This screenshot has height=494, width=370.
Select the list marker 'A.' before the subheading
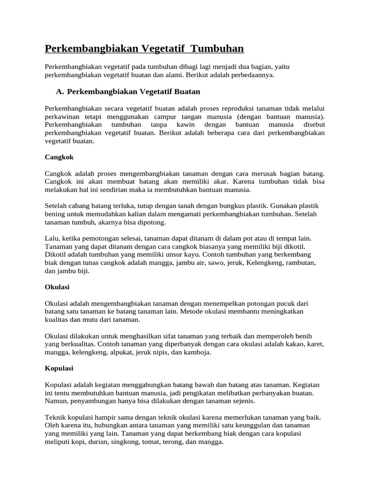point(60,91)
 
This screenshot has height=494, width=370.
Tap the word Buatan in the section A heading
point(185,91)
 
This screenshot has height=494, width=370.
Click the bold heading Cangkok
point(59,157)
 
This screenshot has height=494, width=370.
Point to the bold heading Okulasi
point(57,287)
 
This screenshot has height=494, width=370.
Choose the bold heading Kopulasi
point(59,368)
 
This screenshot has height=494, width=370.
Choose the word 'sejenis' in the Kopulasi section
point(243,401)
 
